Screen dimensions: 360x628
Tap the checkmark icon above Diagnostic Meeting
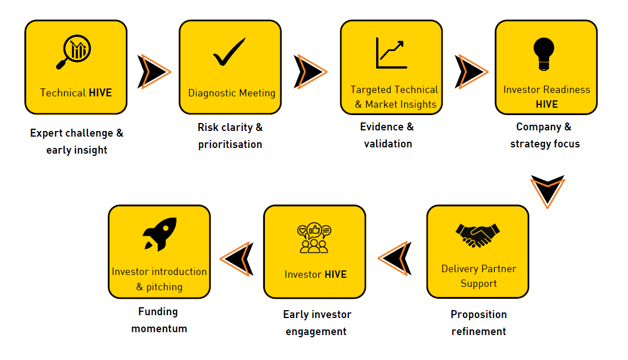click(229, 52)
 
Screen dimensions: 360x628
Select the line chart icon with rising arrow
click(390, 53)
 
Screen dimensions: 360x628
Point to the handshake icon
click(478, 235)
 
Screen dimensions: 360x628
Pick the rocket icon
click(159, 234)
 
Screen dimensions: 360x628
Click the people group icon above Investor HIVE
click(314, 238)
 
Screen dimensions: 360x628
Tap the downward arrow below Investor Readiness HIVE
click(547, 191)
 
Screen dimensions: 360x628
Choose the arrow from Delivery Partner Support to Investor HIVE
click(395, 259)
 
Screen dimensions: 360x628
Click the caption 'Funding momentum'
click(159, 320)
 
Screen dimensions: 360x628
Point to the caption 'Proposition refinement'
click(479, 323)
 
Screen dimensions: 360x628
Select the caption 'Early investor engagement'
click(317, 323)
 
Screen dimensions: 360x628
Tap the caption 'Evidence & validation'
click(387, 135)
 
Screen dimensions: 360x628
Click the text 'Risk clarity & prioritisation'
click(230, 135)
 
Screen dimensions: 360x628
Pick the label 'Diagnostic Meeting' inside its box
click(231, 93)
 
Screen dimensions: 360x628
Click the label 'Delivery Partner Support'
click(479, 276)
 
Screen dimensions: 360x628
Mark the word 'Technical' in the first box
click(63, 92)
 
